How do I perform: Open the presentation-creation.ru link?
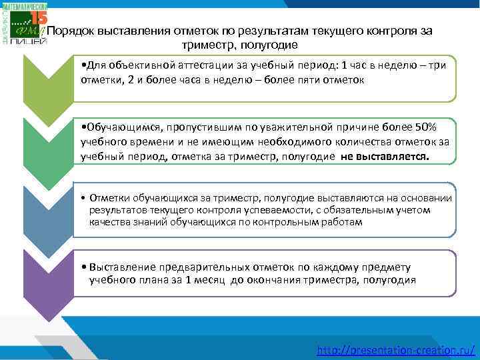coord(396,349)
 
